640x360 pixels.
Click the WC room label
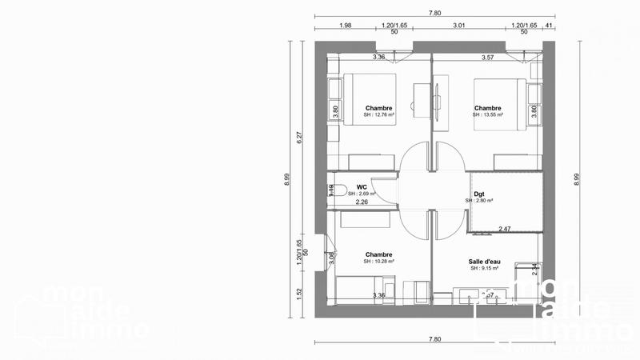(x=351, y=186)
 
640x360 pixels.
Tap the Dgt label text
(x=479, y=193)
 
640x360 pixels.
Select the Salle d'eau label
(x=484, y=261)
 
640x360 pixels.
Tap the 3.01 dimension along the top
(x=459, y=26)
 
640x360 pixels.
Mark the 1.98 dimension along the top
(x=346, y=26)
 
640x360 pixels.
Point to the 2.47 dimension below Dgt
(x=505, y=229)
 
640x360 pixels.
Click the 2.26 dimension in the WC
(x=362, y=202)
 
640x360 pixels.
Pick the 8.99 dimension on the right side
(x=577, y=180)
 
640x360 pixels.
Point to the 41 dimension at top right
(x=549, y=26)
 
